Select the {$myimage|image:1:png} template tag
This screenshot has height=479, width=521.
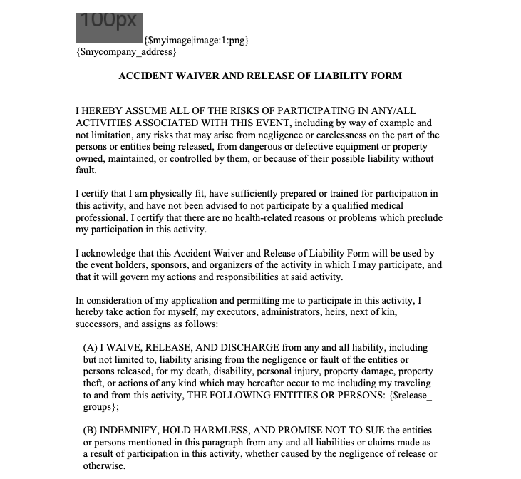196,41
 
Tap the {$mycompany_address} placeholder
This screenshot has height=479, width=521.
125,52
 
